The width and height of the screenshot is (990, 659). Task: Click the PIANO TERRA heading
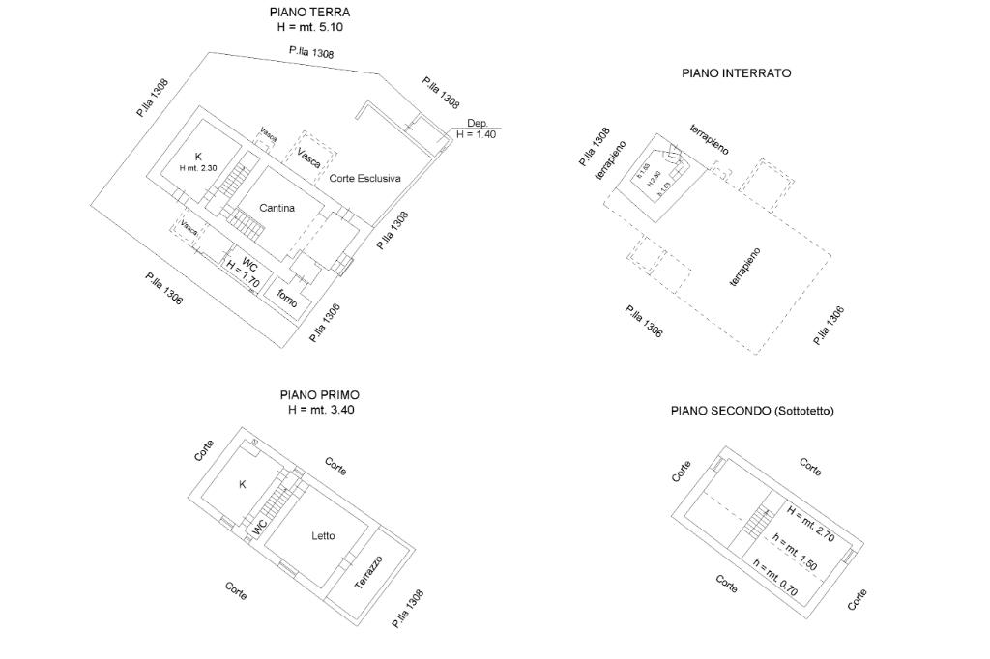[309, 13]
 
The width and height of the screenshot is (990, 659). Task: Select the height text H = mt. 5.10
[309, 27]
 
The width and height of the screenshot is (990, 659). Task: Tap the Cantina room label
[277, 208]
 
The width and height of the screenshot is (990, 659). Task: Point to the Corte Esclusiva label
[364, 179]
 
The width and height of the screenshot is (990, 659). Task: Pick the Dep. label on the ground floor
[477, 123]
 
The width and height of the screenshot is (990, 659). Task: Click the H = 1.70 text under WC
[242, 275]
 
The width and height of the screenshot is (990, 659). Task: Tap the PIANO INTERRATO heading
[736, 72]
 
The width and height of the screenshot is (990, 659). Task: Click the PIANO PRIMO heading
[319, 395]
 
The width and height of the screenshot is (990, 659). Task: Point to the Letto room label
[323, 536]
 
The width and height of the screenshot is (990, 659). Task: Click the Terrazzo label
[367, 573]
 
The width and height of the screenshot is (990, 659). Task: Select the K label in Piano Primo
[242, 484]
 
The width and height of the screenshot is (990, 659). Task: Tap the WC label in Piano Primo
[259, 528]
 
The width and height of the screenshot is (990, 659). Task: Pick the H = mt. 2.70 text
[810, 523]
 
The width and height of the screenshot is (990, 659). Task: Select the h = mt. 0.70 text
[775, 579]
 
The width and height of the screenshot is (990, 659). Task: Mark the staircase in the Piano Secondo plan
[758, 523]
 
